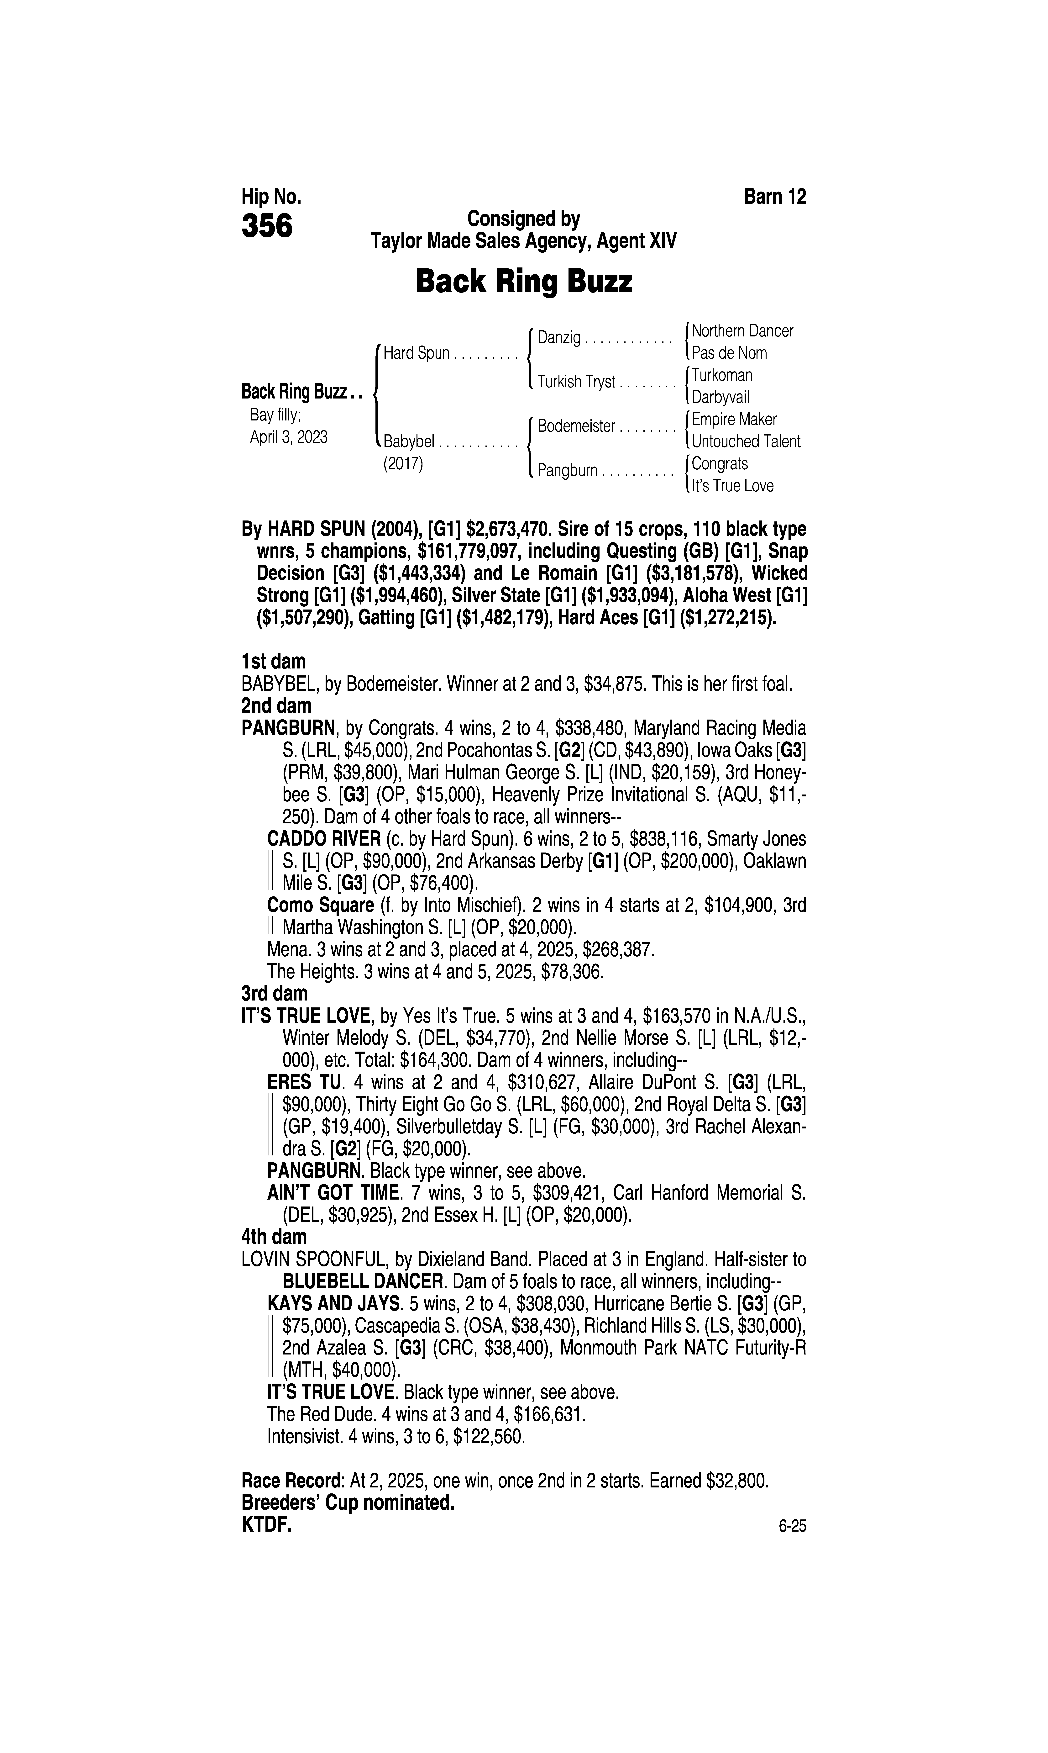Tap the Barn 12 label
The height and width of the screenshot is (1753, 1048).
(775, 196)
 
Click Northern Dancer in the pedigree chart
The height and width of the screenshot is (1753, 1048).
(742, 330)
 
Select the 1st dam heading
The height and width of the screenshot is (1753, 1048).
(274, 662)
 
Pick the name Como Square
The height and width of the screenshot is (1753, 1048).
(320, 906)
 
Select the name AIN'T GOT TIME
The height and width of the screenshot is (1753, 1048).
(333, 1193)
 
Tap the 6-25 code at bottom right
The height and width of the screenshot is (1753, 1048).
(792, 1526)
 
